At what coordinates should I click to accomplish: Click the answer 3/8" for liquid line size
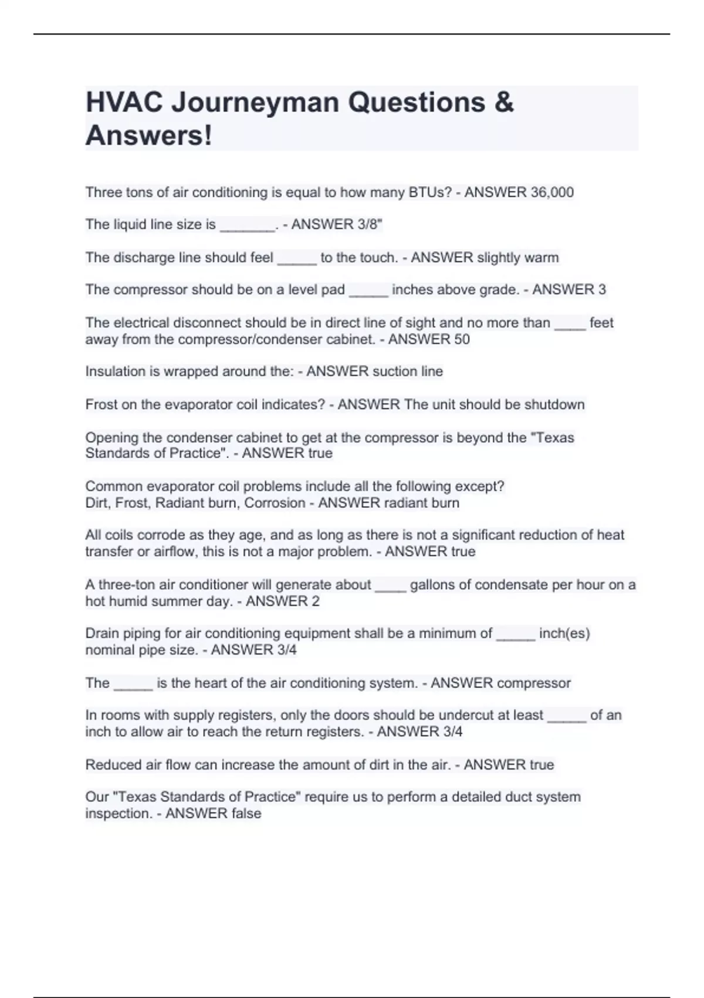click(x=370, y=225)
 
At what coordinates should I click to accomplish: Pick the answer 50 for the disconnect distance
click(x=462, y=340)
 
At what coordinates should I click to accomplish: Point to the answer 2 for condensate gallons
click(x=316, y=601)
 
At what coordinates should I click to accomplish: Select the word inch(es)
click(x=564, y=633)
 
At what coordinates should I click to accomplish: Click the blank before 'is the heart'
click(x=133, y=686)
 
